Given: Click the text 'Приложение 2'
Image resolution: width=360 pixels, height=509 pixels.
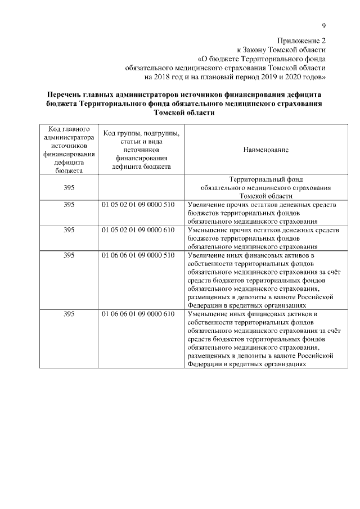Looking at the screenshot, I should pyautogui.click(x=301, y=40).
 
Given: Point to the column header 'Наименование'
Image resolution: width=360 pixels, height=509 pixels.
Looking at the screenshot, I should pyautogui.click(x=266, y=150).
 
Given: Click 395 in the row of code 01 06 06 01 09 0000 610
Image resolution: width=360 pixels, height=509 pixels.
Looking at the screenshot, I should pyautogui.click(x=69, y=313).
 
